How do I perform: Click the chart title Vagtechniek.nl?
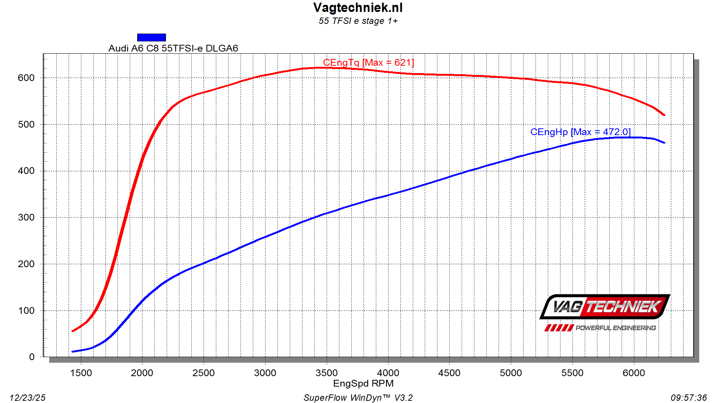point(358,8)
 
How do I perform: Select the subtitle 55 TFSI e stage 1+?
point(358,21)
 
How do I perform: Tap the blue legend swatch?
point(151,37)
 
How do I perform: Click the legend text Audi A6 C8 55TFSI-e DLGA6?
point(173,48)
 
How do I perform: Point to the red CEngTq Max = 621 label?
point(368,62)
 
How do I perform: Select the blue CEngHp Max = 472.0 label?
point(580,132)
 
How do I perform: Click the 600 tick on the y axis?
point(26,78)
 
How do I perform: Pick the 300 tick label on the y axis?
point(26,217)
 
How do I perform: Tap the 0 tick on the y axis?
point(32,357)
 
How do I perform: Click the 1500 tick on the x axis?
point(81,373)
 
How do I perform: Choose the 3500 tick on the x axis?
point(327,373)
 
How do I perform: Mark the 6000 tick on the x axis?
point(634,373)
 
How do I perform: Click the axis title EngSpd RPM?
point(363,383)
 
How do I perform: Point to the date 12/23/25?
point(28,398)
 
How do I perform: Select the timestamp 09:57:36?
point(689,398)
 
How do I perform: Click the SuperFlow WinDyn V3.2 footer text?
point(358,398)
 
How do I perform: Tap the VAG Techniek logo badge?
point(604,307)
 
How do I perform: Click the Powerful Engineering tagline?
point(615,328)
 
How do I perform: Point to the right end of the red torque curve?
point(664,115)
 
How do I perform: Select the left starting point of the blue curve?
point(72,352)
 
